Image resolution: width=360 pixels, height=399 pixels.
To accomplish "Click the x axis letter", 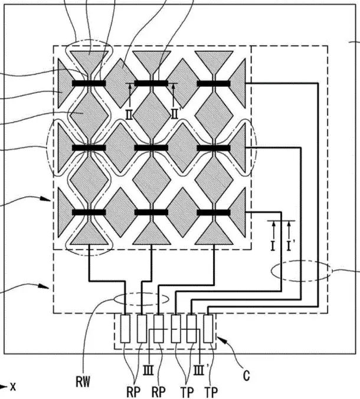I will (13, 387).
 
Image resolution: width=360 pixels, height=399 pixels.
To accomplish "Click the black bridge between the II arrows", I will (151, 83).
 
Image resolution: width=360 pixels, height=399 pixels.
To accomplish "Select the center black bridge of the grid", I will (151, 148).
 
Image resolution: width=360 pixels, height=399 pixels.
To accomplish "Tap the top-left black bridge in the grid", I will (89, 83).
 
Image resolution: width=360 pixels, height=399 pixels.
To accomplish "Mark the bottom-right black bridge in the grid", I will (214, 212).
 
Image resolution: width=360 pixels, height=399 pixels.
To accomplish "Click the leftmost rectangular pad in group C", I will (125, 329).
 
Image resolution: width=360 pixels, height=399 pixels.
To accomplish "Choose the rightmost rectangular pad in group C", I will (208, 329).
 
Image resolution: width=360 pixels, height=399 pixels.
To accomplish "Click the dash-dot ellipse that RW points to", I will (142, 300).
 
